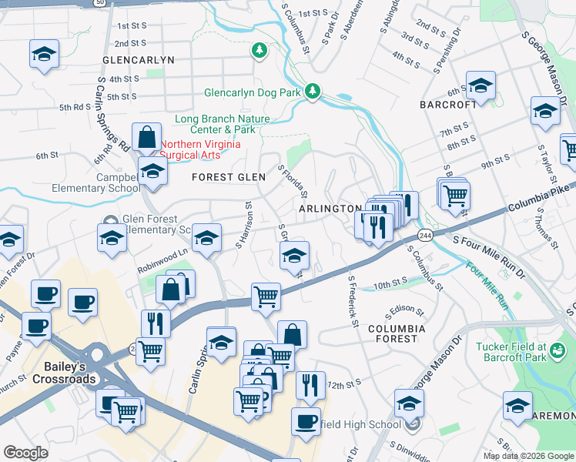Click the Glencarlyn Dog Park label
coord(253,93)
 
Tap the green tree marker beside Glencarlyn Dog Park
coord(313,92)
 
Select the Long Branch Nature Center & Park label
coord(223,124)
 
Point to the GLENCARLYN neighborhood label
coord(139,59)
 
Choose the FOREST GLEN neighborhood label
coord(229,177)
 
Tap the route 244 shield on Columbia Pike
coord(424,234)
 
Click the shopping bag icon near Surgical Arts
coord(146,137)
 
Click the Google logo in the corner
coord(25,453)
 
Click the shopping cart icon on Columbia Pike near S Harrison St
coord(266,296)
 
